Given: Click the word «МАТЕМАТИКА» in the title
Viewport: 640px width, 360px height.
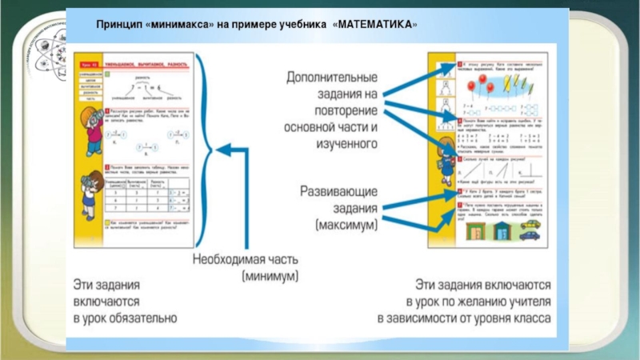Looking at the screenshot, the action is (377, 25).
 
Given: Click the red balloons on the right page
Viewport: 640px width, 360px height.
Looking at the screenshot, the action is (478, 85).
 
